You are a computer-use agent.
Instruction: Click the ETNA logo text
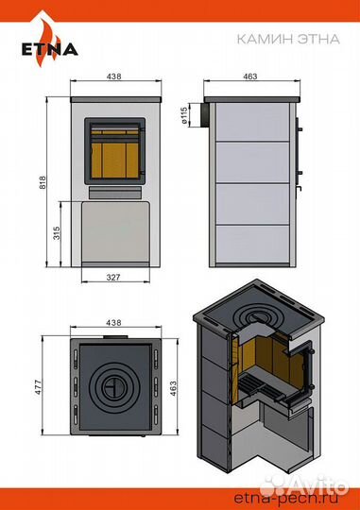pos(50,49)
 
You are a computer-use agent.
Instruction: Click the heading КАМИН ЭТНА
pos(288,39)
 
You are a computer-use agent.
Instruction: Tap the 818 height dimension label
pos(43,182)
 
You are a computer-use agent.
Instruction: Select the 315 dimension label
pos(57,233)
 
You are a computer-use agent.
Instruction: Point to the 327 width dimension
pos(113,277)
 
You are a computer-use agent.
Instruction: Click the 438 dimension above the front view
pos(114,76)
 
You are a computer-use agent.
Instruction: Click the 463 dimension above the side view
pos(250,76)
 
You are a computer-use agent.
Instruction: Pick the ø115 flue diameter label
pos(183,115)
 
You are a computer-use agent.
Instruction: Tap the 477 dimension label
pos(39,387)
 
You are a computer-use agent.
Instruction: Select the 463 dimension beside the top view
pos(173,388)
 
